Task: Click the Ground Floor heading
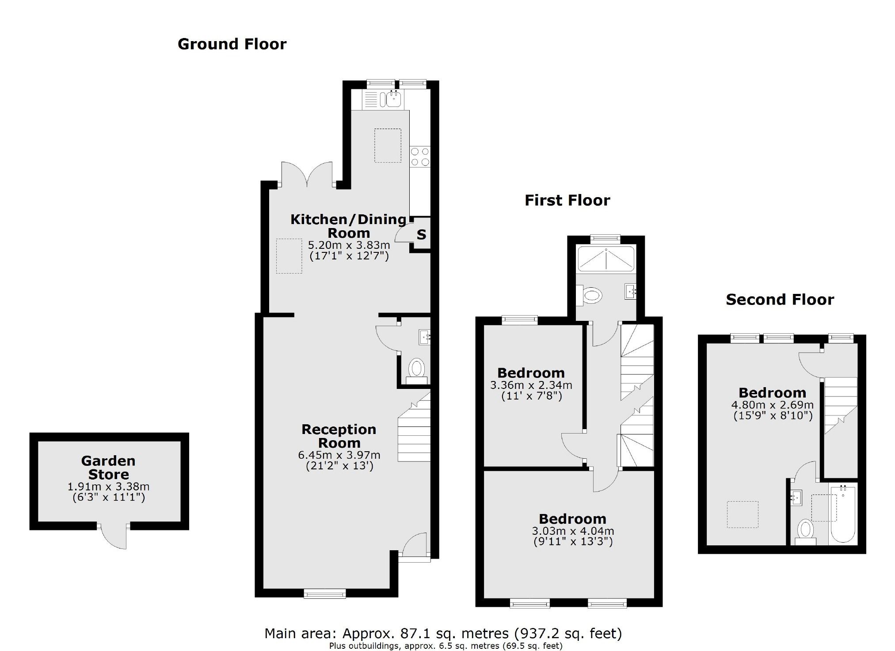(232, 44)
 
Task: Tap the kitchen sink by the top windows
(392, 99)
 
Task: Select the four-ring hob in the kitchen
(419, 156)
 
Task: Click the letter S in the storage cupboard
(421, 235)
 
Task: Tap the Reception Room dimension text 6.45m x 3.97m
(339, 455)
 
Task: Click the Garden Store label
(108, 468)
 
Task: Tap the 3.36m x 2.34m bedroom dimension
(531, 385)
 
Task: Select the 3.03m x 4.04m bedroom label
(572, 519)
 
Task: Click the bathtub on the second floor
(842, 514)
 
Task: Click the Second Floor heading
(780, 300)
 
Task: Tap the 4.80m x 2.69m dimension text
(772, 405)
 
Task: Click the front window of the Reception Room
(325, 594)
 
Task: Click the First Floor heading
(567, 201)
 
